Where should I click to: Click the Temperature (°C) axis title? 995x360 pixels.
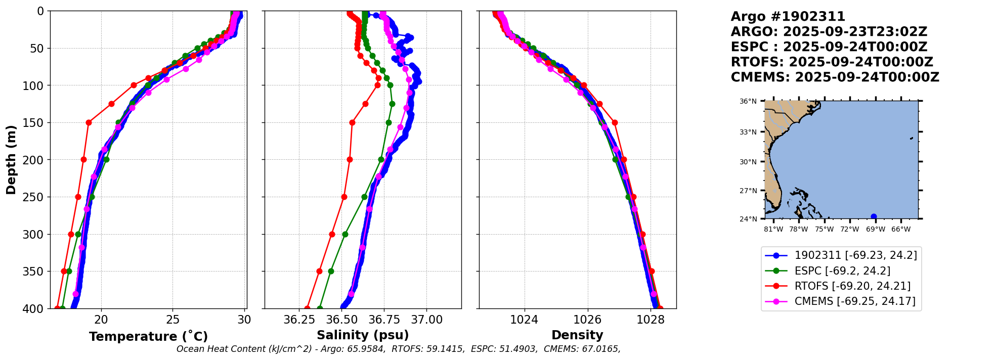click(148, 337)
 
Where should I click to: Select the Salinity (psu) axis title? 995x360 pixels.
click(363, 335)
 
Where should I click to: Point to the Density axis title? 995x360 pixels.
click(577, 335)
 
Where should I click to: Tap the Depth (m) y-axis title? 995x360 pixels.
click(11, 159)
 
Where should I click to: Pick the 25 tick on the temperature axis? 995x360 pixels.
click(172, 320)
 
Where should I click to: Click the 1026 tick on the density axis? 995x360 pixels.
click(587, 320)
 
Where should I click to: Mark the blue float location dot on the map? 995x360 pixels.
click(874, 217)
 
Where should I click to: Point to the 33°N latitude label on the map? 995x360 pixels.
click(749, 132)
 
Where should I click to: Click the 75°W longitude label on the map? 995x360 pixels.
click(824, 230)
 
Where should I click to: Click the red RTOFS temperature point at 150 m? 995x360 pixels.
click(89, 122)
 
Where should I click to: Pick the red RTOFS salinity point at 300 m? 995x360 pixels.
click(332, 234)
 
